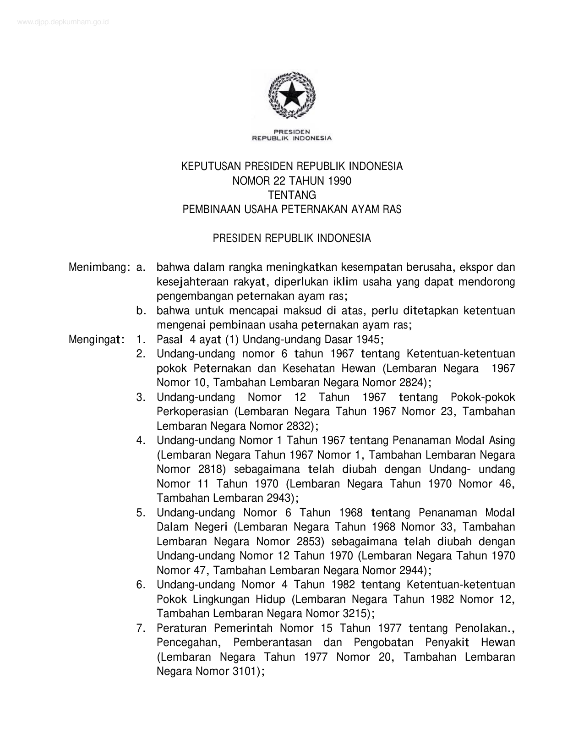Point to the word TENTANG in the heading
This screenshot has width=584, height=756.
292,195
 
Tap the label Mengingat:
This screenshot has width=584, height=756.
97,340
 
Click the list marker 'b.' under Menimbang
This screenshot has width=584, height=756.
141,311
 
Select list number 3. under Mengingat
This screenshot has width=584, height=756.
141,397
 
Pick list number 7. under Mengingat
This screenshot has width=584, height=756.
141,628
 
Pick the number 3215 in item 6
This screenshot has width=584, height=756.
355,614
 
